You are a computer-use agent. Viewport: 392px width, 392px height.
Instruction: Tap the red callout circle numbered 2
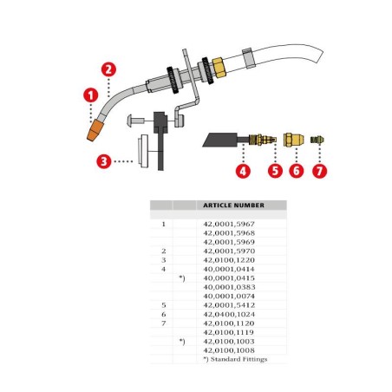108,69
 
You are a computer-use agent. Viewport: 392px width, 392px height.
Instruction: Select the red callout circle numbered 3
103,160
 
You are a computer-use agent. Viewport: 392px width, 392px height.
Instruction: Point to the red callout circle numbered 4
244,171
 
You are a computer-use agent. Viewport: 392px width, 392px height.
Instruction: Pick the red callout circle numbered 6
296,171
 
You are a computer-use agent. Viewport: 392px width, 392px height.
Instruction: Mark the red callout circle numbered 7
321,171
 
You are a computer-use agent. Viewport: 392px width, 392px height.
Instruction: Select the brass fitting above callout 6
296,139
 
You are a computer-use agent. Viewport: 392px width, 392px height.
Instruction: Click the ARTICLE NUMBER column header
233,206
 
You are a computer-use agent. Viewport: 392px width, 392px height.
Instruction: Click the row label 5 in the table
163,305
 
